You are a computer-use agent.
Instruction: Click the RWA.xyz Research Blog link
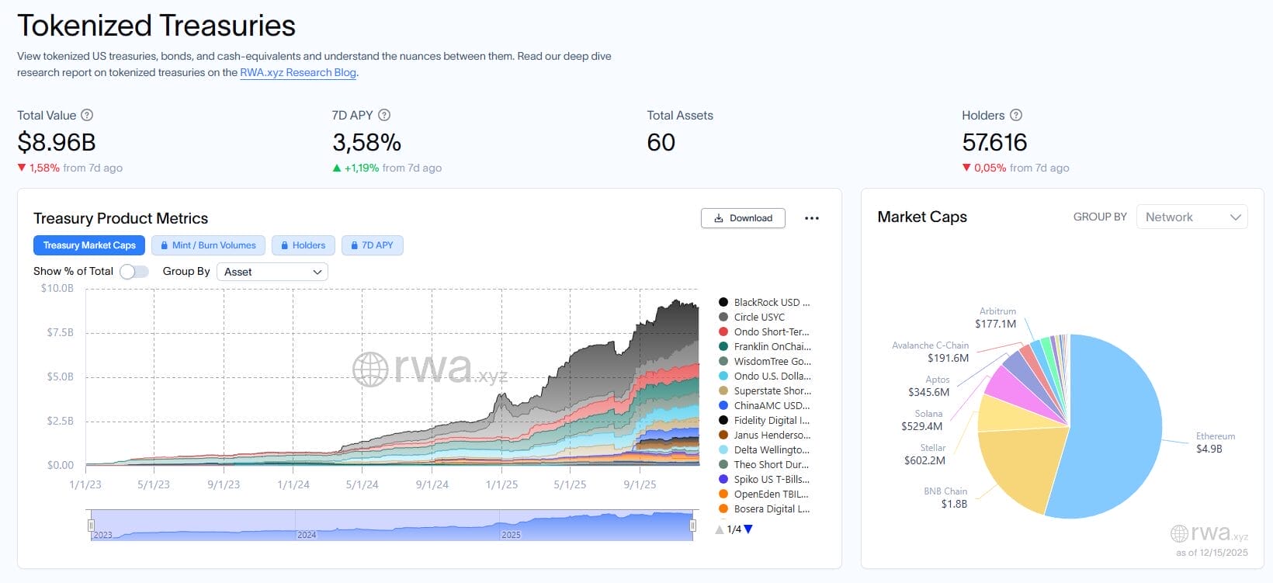[298, 72]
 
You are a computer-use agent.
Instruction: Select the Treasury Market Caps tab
[89, 245]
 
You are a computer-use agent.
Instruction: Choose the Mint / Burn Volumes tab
[208, 245]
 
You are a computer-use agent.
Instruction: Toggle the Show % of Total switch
[134, 271]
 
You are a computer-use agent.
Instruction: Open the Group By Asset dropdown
[272, 272]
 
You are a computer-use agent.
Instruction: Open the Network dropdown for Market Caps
[1191, 217]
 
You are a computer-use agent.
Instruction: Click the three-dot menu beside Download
[812, 218]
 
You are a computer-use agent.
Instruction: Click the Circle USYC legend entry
[758, 317]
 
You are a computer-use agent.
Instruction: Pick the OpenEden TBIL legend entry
[770, 494]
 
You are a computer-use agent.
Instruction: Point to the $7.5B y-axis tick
[60, 332]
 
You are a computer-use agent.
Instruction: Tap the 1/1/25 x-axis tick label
[501, 484]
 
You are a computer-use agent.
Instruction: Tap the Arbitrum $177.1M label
[997, 318]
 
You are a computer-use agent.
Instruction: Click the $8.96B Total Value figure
[57, 143]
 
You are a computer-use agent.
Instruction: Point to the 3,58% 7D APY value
[366, 143]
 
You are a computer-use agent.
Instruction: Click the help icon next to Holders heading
[1015, 115]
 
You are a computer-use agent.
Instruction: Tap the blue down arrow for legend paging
[748, 529]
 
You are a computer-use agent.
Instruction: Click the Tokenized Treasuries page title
[156, 26]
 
